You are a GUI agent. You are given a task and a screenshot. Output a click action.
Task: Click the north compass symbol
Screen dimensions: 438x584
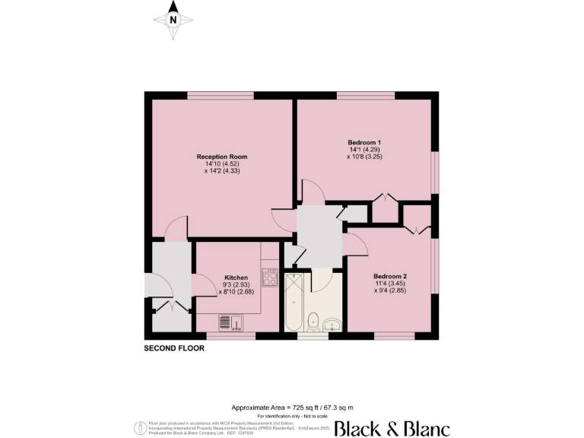coord(173,21)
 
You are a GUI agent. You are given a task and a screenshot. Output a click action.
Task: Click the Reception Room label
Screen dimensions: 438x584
coord(221,157)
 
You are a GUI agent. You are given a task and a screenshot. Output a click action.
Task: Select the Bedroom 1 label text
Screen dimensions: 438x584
coord(364,143)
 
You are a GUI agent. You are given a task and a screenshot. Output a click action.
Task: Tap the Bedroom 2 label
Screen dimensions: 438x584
coord(390,276)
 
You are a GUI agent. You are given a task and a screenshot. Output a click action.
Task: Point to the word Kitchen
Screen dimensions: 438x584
coord(236,278)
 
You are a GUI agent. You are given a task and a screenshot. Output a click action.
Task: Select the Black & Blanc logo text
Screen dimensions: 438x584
coord(392,427)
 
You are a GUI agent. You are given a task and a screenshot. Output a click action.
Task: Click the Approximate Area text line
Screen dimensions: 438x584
coord(292,408)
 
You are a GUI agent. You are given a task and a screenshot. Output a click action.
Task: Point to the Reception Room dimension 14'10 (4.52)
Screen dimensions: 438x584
coord(221,164)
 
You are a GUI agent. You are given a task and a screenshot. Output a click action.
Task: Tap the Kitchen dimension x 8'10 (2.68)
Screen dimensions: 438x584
coord(236,291)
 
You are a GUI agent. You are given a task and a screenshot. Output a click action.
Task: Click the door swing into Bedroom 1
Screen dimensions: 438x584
coord(312,191)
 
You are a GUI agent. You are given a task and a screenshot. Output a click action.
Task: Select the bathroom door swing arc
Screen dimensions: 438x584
coord(321,279)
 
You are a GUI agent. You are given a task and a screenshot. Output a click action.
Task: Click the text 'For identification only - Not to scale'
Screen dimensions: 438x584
coord(292,416)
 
